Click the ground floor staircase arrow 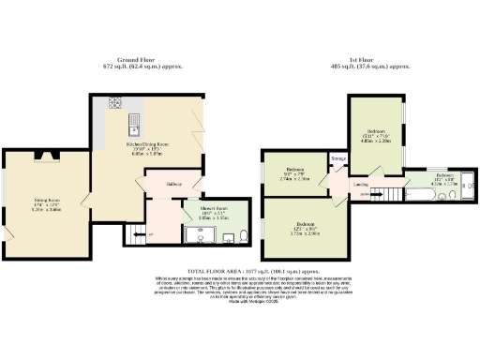[x=138, y=234]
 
